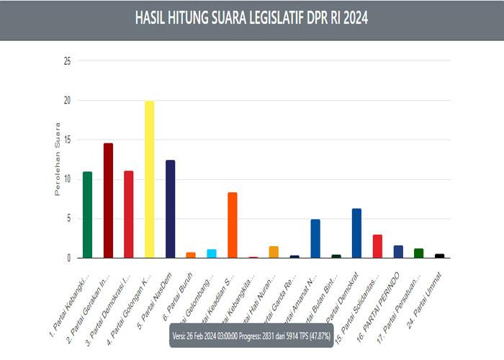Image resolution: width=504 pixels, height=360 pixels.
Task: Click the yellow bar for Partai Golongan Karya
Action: point(150,179)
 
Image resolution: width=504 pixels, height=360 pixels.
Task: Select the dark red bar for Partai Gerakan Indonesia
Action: point(108,200)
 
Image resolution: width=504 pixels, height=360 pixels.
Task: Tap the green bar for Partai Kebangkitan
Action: point(88,215)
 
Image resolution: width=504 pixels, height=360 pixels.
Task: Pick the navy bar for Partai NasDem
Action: point(171,209)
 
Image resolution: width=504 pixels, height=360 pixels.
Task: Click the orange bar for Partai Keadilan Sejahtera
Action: point(233,225)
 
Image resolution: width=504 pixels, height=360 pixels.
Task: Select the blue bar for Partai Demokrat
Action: point(356,233)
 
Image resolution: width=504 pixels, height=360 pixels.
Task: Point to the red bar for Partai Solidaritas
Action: point(377,246)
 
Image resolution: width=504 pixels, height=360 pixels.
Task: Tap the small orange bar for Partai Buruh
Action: point(191,255)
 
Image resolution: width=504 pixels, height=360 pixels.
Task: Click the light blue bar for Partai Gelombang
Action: point(212,253)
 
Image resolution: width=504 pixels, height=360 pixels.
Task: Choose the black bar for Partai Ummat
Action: point(439,256)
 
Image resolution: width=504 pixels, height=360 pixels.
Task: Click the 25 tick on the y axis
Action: point(67,61)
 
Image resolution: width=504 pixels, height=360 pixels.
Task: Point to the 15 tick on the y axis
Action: point(67,140)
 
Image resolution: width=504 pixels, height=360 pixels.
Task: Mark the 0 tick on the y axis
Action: point(69,258)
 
